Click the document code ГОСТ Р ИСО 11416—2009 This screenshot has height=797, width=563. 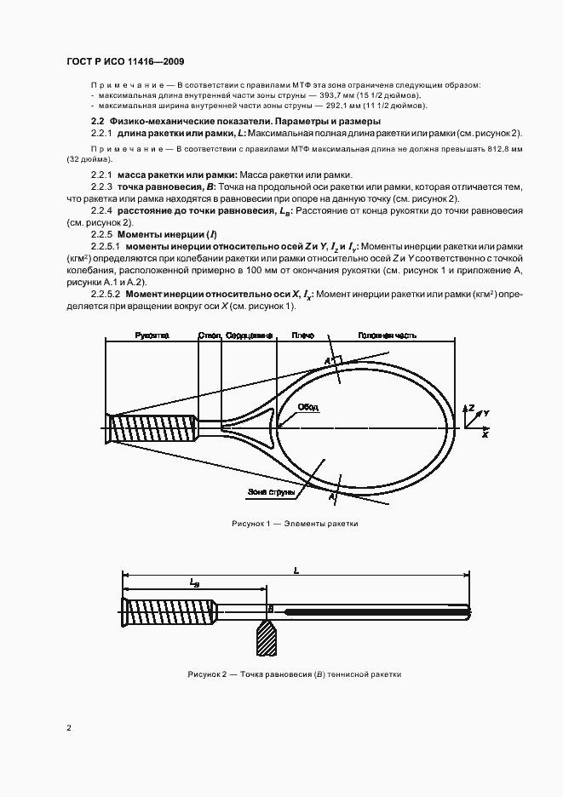click(124, 61)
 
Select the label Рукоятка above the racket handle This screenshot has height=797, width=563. click(152, 335)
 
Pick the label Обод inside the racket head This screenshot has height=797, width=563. click(307, 408)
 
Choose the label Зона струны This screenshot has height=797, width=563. click(272, 492)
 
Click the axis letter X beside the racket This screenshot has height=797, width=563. click(484, 434)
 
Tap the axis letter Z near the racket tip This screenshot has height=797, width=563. click(469, 409)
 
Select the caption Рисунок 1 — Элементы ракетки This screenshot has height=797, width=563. click(295, 524)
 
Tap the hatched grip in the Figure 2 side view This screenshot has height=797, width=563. click(166, 611)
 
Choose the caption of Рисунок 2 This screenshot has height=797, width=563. click(294, 674)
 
